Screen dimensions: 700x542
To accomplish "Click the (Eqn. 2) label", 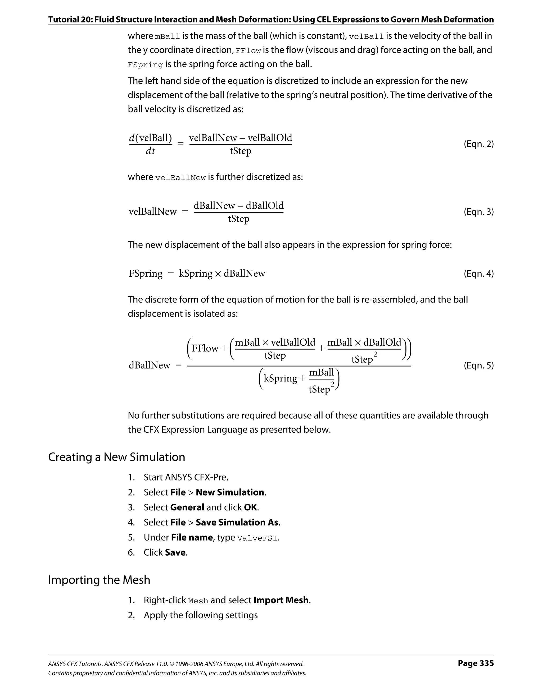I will point(478,144).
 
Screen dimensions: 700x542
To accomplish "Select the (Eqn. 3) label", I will point(478,212).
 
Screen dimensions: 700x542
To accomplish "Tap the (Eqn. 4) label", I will point(478,273).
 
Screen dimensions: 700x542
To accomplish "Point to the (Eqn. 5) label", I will point(478,365).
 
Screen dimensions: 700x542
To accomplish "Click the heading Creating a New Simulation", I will point(116,457).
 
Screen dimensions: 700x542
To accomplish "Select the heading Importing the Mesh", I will point(99,580).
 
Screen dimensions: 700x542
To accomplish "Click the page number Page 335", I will point(476,663).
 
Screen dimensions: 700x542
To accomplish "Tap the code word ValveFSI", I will point(257,538).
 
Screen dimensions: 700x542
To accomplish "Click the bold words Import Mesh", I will point(281,600).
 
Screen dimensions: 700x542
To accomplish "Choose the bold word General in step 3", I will point(187,507).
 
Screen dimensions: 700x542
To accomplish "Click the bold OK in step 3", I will point(250,507).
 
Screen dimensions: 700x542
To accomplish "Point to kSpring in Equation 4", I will point(195,273).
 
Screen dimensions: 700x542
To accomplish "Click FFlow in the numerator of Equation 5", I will point(205,348).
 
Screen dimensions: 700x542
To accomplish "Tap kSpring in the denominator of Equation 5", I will point(280,378).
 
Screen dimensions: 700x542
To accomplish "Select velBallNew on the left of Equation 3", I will point(153,212).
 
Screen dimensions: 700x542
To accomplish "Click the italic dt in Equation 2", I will point(150,151).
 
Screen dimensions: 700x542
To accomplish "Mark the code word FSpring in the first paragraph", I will point(145,65).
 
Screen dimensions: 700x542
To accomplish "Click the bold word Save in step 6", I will point(175,552).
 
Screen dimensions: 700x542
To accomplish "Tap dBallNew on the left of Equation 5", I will point(150,365).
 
